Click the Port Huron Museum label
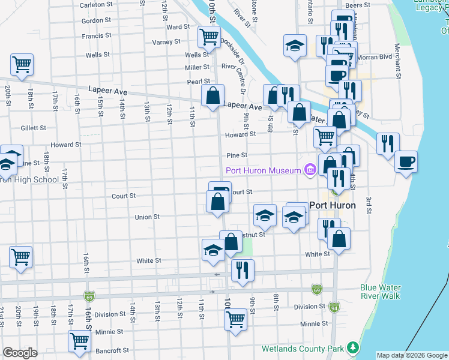tap(263, 171)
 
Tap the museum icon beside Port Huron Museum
tap(310, 171)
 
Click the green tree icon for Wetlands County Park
tap(354, 347)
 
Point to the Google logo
tap(20, 353)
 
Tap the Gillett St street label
tap(33, 128)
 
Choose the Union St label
tap(147, 217)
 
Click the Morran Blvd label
tap(378, 58)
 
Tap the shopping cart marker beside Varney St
tap(208, 37)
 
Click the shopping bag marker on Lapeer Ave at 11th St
tap(212, 95)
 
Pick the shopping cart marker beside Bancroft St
tap(79, 341)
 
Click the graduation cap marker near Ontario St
tap(294, 46)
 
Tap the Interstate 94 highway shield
tap(334, 307)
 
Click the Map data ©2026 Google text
tap(412, 355)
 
